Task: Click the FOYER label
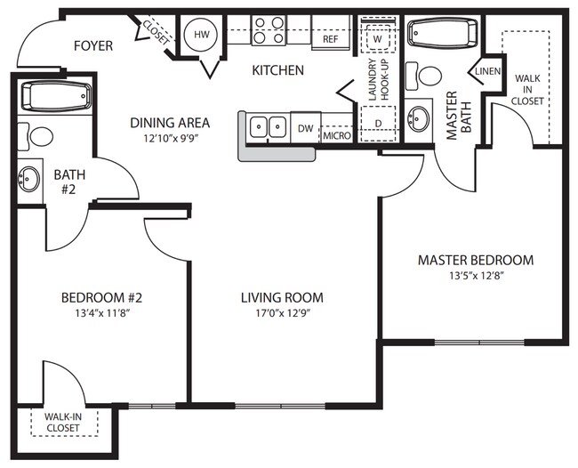pyautogui.click(x=92, y=45)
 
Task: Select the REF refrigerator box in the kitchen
pyautogui.click(x=330, y=39)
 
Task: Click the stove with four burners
pyautogui.click(x=269, y=30)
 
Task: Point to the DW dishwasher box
pyautogui.click(x=305, y=129)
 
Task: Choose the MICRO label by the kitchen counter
pyautogui.click(x=336, y=135)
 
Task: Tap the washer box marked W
pyautogui.click(x=377, y=39)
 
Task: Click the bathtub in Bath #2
pyautogui.click(x=55, y=94)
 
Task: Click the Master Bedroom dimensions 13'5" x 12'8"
pyautogui.click(x=476, y=277)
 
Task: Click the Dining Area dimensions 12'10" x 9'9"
pyautogui.click(x=169, y=139)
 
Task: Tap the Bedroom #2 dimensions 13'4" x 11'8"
pyautogui.click(x=100, y=313)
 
